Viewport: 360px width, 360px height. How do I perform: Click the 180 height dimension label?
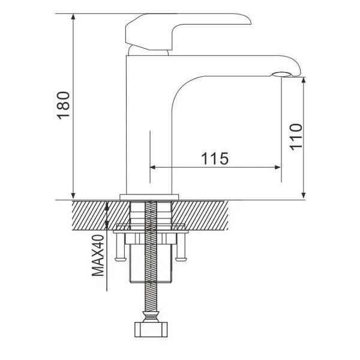point(65,105)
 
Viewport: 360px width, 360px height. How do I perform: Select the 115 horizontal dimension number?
point(214,158)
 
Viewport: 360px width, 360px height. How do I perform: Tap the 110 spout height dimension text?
point(295,137)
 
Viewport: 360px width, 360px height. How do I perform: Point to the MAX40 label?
point(98,254)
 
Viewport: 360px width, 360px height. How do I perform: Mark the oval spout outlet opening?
point(281,74)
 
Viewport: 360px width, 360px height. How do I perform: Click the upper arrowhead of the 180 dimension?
point(73,17)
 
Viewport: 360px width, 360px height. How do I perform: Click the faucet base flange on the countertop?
point(150,196)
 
